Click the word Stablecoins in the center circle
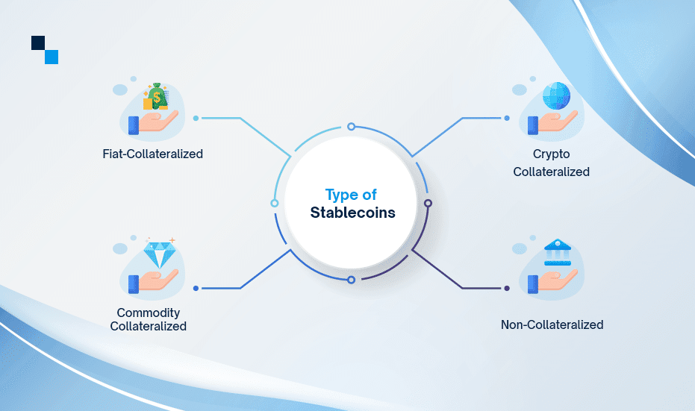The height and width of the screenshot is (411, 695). [x=352, y=213]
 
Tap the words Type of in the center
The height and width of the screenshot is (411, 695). [x=351, y=195]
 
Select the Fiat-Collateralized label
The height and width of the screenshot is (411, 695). [x=153, y=154]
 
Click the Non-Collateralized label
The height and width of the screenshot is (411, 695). [x=552, y=324]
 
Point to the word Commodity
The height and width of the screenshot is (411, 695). [x=149, y=313]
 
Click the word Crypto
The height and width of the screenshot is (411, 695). [x=551, y=154]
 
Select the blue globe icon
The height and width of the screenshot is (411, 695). [x=557, y=96]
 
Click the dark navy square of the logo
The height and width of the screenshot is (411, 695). [x=39, y=43]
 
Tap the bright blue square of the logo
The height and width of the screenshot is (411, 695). [x=52, y=57]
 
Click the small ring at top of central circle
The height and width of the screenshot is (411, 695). [x=351, y=126]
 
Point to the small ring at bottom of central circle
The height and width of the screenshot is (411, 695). [x=351, y=280]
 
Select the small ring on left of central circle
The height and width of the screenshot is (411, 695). [x=275, y=203]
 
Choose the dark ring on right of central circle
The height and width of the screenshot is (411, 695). [x=428, y=203]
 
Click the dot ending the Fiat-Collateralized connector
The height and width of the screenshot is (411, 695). [x=196, y=118]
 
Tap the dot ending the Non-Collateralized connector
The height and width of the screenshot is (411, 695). [x=507, y=288]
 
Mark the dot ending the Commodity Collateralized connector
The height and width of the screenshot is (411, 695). [x=196, y=288]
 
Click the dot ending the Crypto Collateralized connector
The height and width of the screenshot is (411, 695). [x=507, y=118]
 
